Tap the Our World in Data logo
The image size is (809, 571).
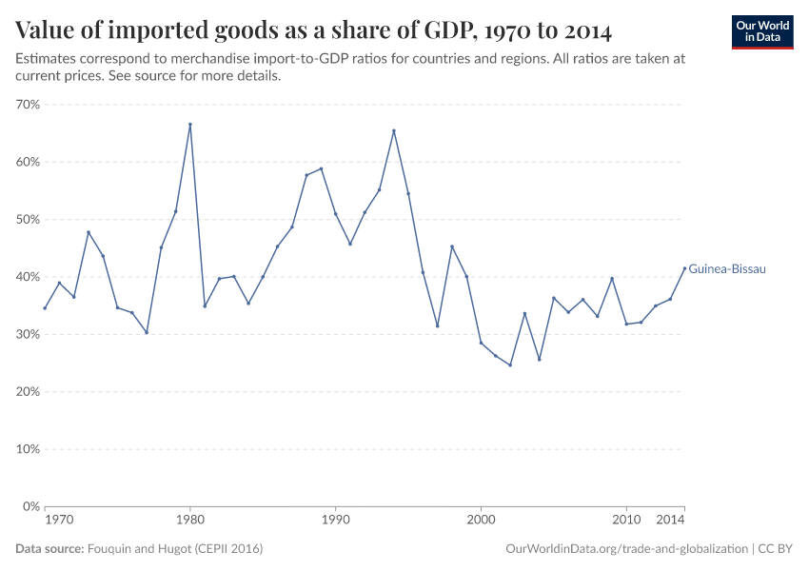point(762,31)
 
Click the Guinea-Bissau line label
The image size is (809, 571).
point(727,269)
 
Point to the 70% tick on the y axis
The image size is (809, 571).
point(28,105)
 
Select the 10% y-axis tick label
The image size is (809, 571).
point(28,449)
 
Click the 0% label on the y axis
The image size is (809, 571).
point(30,506)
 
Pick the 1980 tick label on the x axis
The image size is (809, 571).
point(190,521)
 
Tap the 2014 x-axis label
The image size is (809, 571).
point(671,521)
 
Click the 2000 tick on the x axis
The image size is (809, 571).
point(481,521)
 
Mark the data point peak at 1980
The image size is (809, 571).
point(190,125)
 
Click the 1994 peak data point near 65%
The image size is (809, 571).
point(393,130)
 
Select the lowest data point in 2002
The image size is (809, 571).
point(510,364)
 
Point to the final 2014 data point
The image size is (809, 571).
point(684,267)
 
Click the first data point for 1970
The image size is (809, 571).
point(45,307)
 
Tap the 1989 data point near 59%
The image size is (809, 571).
point(321,168)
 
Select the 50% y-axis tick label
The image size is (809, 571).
point(28,220)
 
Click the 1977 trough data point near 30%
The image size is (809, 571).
point(147,332)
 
